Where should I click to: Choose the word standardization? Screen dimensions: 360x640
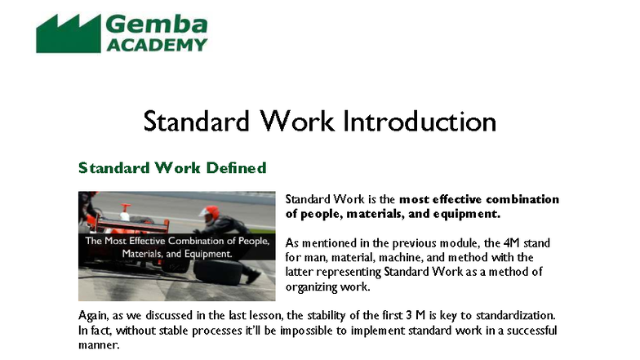(516, 316)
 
